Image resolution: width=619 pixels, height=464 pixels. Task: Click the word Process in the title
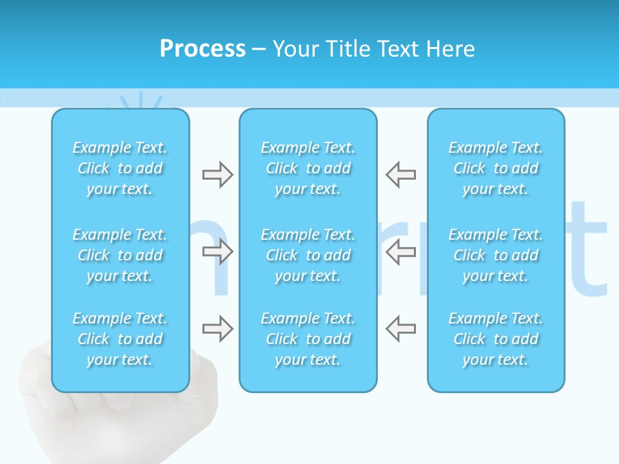point(202,49)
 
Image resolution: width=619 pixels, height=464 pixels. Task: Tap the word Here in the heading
point(449,49)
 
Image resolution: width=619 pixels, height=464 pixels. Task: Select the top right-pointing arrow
point(217,175)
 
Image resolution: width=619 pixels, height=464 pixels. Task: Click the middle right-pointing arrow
point(217,251)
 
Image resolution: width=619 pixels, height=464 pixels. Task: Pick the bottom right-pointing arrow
point(217,329)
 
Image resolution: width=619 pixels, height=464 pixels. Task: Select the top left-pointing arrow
point(401,175)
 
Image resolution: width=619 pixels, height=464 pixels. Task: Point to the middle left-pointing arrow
point(401,251)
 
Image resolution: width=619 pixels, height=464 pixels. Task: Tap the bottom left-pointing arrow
point(401,329)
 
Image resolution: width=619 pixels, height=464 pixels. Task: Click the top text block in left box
point(120,168)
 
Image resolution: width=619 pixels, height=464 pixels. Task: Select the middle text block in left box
point(120,255)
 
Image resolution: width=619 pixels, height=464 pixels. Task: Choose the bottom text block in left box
point(120,339)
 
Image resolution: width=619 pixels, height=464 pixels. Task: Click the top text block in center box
point(308,168)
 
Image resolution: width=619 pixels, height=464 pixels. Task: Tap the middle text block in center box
point(308,255)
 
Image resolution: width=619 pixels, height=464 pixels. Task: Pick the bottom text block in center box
point(308,339)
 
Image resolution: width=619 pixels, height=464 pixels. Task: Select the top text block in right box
point(496,168)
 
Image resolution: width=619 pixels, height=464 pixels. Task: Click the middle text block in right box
point(496,255)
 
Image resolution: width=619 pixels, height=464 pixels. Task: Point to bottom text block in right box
point(496,339)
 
